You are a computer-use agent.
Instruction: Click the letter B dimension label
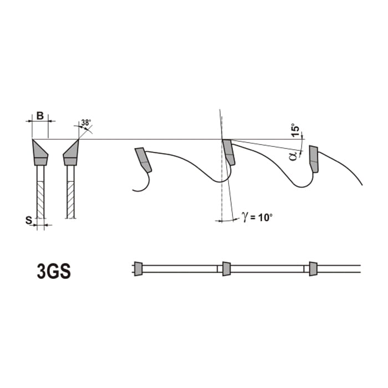pos(40,115)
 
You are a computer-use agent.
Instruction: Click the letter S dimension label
pos(29,220)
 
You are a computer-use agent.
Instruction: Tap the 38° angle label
pos(86,122)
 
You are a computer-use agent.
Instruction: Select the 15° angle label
pos(295,130)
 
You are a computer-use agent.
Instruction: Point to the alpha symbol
pos(293,156)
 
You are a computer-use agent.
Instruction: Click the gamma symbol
pos(245,217)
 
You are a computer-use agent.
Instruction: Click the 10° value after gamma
pos(266,217)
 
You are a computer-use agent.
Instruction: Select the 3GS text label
pos(54,271)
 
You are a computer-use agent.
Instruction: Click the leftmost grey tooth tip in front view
pos(40,152)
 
